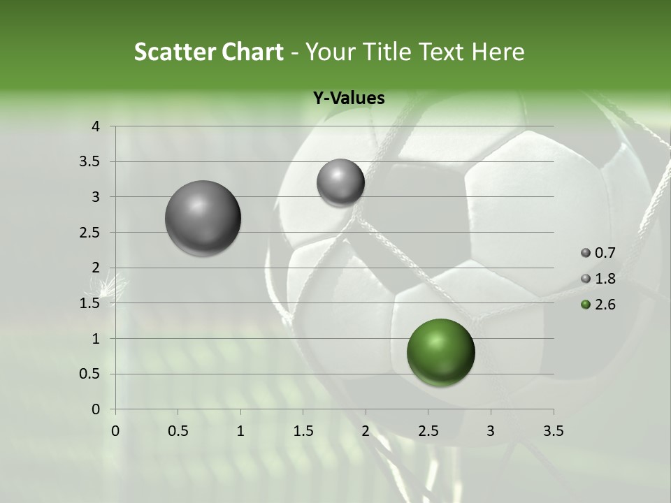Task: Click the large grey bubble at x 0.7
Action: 203,218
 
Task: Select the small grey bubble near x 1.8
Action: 340,182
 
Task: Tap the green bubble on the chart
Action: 440,352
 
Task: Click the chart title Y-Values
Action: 349,99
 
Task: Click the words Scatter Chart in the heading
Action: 208,52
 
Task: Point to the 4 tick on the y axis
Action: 96,126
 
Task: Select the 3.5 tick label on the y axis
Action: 91,162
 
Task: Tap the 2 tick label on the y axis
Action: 96,268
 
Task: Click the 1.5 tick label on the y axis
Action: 91,303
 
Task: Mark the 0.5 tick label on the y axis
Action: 91,374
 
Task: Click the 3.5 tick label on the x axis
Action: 553,431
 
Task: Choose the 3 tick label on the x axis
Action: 491,431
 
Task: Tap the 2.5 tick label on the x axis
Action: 428,431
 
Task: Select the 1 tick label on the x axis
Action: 240,431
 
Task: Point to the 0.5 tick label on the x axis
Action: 178,431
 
